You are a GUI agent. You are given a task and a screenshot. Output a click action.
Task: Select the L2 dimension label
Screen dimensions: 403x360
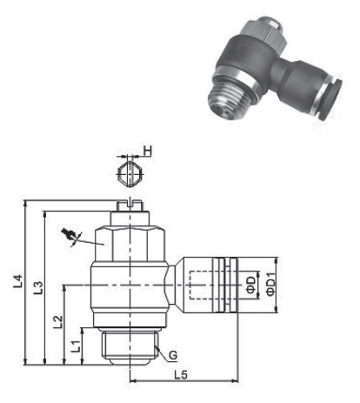[x=57, y=323]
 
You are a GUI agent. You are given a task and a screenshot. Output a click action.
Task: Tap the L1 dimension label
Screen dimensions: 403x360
[x=75, y=346]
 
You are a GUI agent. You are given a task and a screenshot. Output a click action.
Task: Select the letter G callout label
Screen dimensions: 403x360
[x=174, y=355]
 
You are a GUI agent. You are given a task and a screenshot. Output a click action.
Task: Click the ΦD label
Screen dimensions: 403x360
[x=249, y=284]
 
